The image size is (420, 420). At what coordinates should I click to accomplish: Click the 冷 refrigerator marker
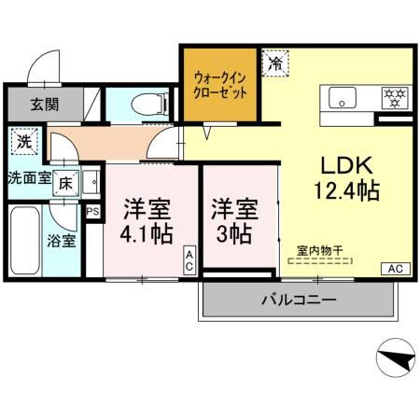pyautogui.click(x=275, y=64)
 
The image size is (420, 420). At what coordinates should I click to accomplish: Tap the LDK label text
pyautogui.click(x=347, y=166)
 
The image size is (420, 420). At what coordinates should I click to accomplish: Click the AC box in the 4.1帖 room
pyautogui.click(x=189, y=262)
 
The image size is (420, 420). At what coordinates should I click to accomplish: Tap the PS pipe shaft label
pyautogui.click(x=92, y=212)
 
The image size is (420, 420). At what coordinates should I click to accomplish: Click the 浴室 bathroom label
pyautogui.click(x=63, y=239)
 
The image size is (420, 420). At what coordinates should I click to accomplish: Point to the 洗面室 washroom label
pyautogui.click(x=30, y=177)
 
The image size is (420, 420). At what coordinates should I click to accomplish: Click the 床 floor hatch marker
pyautogui.click(x=67, y=183)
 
